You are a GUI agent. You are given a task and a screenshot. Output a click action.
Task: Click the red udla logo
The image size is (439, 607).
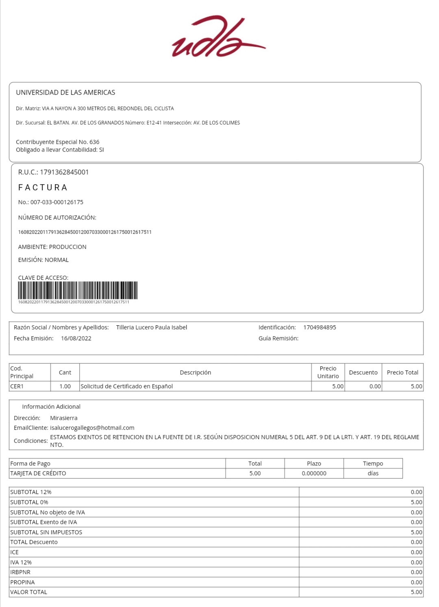[x=218, y=37]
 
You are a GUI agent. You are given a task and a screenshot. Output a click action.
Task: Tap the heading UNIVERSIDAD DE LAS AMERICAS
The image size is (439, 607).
[x=65, y=93]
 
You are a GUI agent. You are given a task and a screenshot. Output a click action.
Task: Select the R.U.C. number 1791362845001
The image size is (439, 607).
[x=64, y=172]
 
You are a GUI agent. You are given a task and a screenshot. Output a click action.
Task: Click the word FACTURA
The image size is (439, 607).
[x=43, y=187]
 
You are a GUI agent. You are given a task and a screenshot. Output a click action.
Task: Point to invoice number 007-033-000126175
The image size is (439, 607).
[x=57, y=202]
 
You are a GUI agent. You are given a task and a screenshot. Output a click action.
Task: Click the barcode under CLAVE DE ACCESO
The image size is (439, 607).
[x=78, y=291]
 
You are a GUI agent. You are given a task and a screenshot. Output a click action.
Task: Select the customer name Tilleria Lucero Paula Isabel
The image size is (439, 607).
[x=152, y=327]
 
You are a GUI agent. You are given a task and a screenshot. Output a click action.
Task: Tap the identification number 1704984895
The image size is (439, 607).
[x=319, y=327]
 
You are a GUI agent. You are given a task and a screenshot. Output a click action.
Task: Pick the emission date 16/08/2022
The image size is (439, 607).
[x=76, y=338]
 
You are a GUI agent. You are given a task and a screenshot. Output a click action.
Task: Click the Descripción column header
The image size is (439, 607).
[x=195, y=372]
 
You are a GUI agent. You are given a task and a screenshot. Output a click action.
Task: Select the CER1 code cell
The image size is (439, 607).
[x=17, y=386]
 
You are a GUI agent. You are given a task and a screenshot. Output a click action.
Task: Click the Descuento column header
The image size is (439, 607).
[x=363, y=372]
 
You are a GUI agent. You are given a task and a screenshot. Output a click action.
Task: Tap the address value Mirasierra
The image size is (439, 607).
[x=64, y=418]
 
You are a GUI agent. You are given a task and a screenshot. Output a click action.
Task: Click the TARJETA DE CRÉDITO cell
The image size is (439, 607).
[x=38, y=473]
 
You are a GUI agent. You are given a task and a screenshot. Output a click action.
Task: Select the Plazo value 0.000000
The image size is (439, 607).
[x=314, y=473]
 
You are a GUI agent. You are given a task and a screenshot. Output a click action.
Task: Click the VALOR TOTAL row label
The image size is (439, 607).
[x=29, y=592]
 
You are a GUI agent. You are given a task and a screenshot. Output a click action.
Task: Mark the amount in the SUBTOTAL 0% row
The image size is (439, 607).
[x=416, y=502]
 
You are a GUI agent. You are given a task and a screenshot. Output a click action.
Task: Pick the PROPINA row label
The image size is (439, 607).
[x=22, y=582]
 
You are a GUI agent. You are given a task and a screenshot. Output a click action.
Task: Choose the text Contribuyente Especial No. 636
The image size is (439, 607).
[x=58, y=142]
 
